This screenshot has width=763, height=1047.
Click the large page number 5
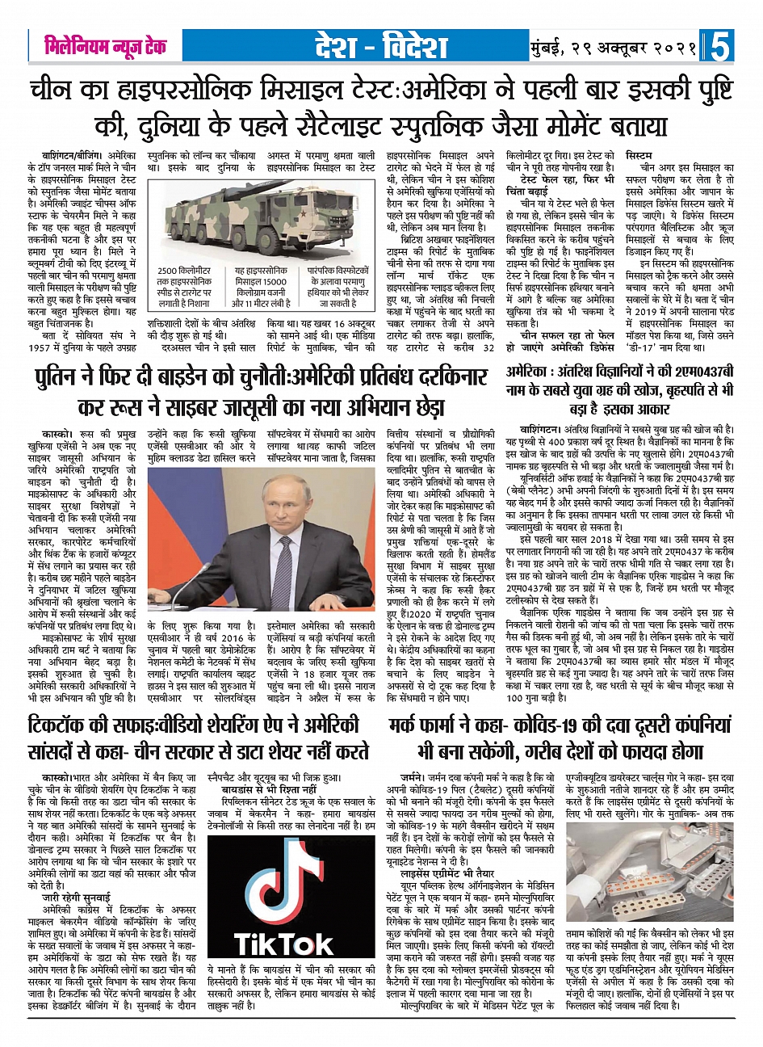click(720, 46)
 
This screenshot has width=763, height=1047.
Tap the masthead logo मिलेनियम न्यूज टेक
click(105, 46)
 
